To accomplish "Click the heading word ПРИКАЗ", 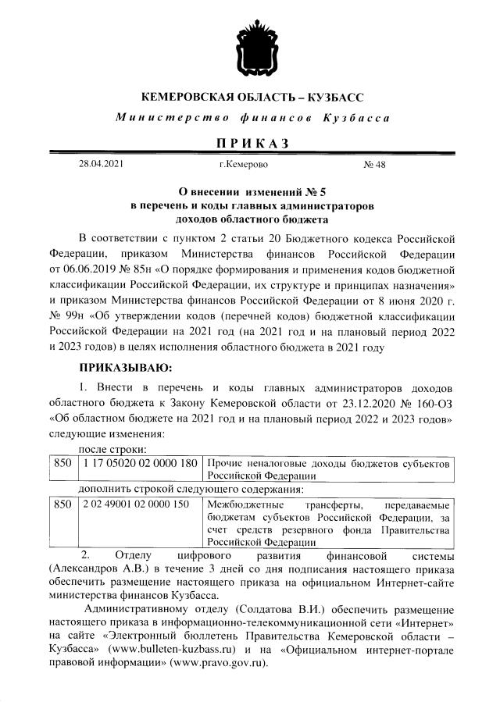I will click(251, 143).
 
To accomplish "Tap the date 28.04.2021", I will click(101, 165).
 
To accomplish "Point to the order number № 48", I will click(375, 165).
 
